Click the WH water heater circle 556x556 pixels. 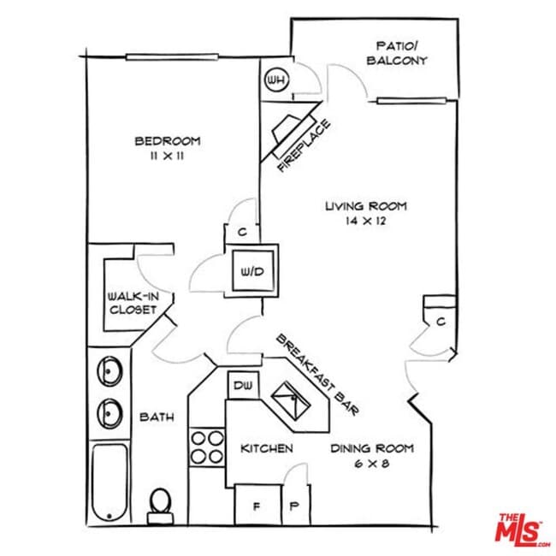tap(277, 80)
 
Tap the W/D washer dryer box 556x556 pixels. tap(253, 270)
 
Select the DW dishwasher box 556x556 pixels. tap(243, 385)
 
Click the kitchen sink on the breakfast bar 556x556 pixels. tap(291, 400)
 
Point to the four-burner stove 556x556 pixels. tap(207, 447)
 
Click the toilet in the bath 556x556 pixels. tap(161, 506)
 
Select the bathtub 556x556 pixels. tap(109, 482)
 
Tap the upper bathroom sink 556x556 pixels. tap(110, 371)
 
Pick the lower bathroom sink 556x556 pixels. tap(110, 414)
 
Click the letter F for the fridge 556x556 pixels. tap(257, 506)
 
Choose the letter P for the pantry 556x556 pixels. tap(294, 506)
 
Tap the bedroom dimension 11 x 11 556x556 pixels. tap(168, 156)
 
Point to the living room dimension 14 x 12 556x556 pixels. tap(365, 221)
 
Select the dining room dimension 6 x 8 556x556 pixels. tap(372, 464)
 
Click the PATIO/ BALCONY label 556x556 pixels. tap(397, 53)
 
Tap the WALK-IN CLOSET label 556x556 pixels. tap(133, 303)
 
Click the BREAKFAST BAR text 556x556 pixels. tap(317, 375)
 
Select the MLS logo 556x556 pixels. tap(523, 531)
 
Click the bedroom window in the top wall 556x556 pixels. tap(172, 57)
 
